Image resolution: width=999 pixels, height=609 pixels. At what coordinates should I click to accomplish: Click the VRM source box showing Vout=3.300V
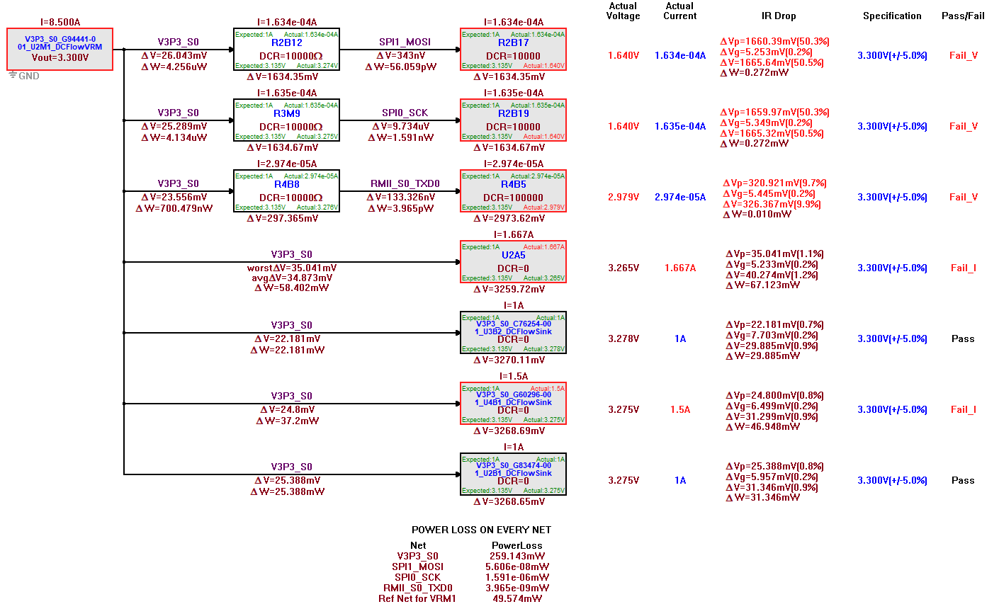click(60, 50)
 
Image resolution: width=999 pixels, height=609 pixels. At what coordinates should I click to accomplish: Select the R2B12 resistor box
click(286, 50)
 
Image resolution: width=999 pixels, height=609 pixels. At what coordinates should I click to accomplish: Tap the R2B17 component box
click(513, 50)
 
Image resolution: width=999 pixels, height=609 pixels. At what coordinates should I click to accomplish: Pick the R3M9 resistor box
click(286, 120)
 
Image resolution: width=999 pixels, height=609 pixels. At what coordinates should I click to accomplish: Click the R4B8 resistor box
click(286, 191)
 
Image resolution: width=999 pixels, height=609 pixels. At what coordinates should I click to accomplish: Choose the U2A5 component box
click(513, 262)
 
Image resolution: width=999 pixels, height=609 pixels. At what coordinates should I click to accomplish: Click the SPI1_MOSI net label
click(405, 42)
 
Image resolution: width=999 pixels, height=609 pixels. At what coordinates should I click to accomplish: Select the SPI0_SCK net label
click(405, 113)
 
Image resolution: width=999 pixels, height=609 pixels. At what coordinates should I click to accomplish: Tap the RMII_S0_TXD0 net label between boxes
click(405, 183)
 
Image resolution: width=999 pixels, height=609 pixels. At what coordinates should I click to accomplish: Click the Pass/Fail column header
click(963, 16)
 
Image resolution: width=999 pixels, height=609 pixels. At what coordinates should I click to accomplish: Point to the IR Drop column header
click(779, 16)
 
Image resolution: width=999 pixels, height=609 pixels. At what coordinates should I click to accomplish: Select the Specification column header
click(892, 16)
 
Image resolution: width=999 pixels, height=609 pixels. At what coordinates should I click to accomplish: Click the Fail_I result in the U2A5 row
click(963, 268)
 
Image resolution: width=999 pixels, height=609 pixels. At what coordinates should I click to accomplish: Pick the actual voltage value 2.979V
click(623, 197)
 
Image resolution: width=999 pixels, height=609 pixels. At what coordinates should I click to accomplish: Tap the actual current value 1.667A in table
click(680, 268)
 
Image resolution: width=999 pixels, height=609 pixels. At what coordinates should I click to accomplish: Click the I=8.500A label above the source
click(60, 22)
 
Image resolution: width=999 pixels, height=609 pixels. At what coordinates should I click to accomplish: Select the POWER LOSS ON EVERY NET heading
click(481, 530)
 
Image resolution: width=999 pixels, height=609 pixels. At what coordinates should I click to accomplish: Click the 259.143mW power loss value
click(517, 556)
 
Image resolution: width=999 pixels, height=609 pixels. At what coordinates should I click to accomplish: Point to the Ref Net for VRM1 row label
click(417, 598)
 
